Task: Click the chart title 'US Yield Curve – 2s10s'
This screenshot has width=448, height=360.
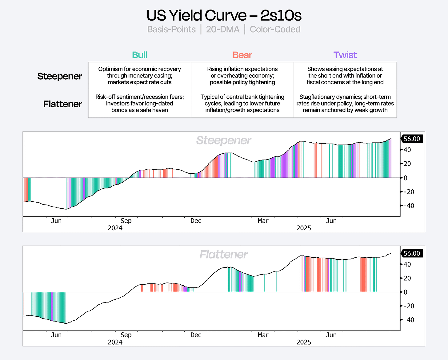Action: pyautogui.click(x=224, y=15)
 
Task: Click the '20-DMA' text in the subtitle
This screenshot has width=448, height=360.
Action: pyautogui.click(x=222, y=29)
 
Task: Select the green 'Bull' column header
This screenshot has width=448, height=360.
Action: pyautogui.click(x=139, y=55)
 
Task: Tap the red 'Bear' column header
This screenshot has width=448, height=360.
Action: pyautogui.click(x=242, y=55)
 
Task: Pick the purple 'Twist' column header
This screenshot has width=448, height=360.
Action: pyautogui.click(x=345, y=55)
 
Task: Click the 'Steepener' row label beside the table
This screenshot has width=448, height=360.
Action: pyautogui.click(x=60, y=76)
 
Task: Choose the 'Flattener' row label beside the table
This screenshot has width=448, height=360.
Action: pyautogui.click(x=63, y=104)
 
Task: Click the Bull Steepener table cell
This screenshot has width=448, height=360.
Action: pyautogui.click(x=139, y=76)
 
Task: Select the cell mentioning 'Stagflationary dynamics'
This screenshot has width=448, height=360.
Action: pyautogui.click(x=345, y=104)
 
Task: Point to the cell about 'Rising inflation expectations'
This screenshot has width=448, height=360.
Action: pyautogui.click(x=242, y=76)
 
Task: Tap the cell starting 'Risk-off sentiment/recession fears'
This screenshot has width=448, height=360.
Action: pyautogui.click(x=139, y=104)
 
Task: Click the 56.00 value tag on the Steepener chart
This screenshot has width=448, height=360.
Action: pyautogui.click(x=412, y=139)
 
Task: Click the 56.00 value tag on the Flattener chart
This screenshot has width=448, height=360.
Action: pyautogui.click(x=412, y=253)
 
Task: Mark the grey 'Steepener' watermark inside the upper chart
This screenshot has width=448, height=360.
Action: pyautogui.click(x=224, y=140)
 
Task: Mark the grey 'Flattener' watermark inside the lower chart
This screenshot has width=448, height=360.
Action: pyautogui.click(x=224, y=255)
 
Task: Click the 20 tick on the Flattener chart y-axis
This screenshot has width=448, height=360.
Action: pyautogui.click(x=407, y=278)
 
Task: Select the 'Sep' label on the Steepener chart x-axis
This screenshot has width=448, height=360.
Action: pyautogui.click(x=126, y=221)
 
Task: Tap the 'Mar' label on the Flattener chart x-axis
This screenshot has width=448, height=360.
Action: pyautogui.click(x=263, y=335)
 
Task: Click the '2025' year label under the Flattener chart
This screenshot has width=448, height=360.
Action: pyautogui.click(x=303, y=342)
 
